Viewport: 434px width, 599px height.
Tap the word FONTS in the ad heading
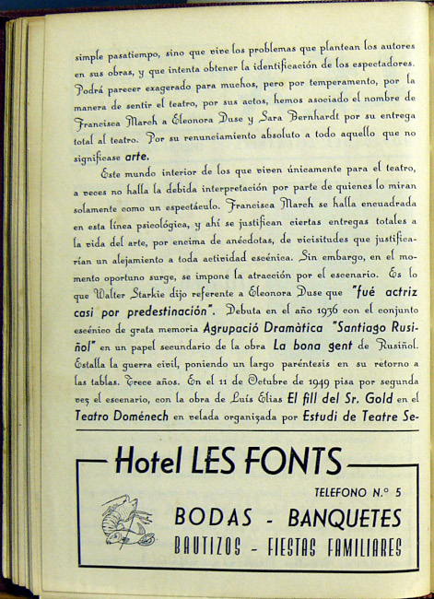coord(293,460)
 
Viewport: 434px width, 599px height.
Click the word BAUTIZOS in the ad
coord(211,547)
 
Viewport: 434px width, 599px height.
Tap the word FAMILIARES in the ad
coord(353,547)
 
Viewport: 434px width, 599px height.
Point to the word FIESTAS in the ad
coord(283,547)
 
